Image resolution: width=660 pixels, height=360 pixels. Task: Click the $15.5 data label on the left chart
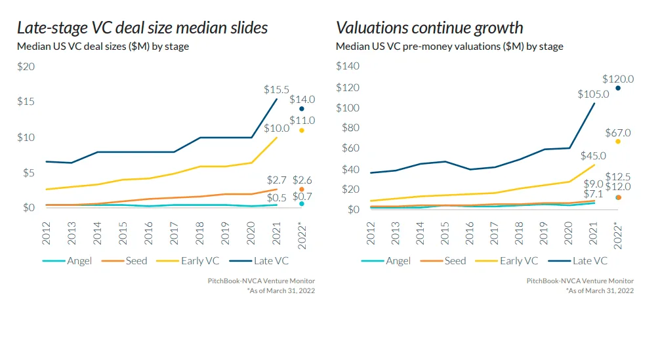tap(276, 89)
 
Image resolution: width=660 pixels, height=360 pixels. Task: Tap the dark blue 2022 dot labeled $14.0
tap(302, 109)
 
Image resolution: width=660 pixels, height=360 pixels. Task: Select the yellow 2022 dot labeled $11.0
tap(302, 130)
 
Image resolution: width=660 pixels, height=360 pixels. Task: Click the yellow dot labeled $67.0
tap(617, 142)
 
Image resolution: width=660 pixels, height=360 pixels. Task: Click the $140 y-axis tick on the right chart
tap(348, 66)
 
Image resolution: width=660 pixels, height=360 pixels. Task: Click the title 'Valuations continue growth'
tap(430, 28)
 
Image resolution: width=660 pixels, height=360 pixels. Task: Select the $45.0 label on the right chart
tap(593, 157)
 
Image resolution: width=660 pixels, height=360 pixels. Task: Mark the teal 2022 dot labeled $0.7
tap(302, 204)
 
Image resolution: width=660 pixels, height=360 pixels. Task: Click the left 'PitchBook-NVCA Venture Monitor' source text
tap(261, 281)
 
